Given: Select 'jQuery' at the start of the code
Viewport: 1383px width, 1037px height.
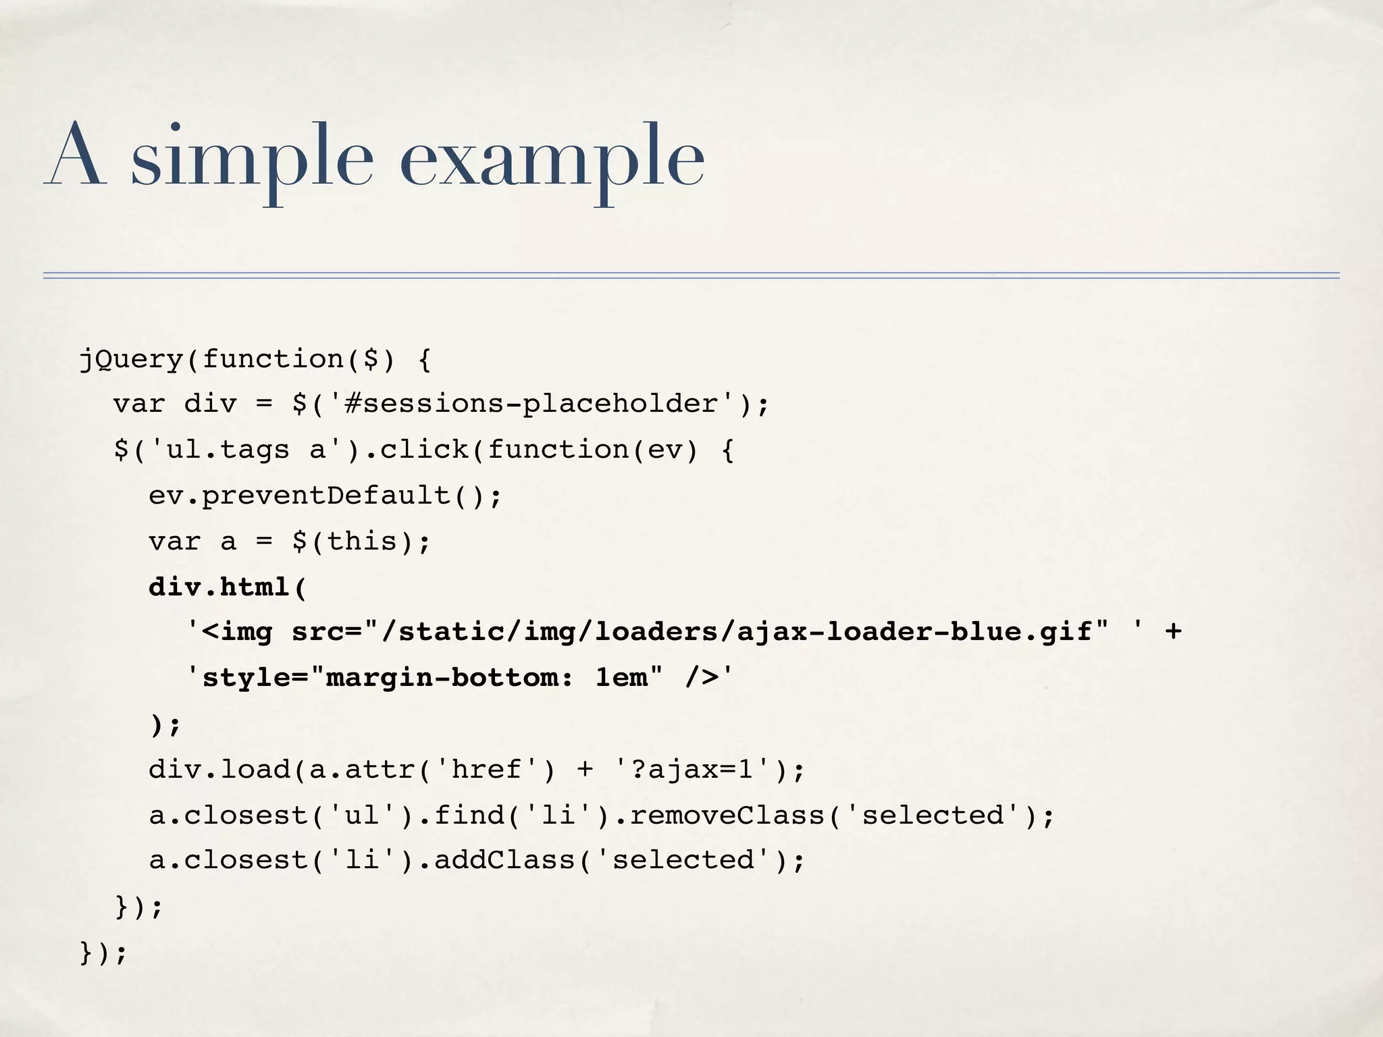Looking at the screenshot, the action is [x=131, y=358].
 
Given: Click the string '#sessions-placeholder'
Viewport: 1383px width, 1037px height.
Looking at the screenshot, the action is [x=530, y=404].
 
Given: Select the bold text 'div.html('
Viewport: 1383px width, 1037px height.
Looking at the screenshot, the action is [x=228, y=587].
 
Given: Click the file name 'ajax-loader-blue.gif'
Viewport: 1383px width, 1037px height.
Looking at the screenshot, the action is [x=914, y=632].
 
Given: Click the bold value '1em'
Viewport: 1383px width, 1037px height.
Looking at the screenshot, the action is [x=621, y=678].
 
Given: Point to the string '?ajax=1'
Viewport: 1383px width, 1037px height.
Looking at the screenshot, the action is [x=693, y=769].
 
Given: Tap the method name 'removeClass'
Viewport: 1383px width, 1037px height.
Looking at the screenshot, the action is [x=727, y=815].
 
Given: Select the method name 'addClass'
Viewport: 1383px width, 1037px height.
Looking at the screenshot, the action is [x=504, y=860].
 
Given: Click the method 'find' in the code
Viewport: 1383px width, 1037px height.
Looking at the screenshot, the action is [x=469, y=815].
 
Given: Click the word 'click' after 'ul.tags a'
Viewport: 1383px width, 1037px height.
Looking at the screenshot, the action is [x=424, y=450].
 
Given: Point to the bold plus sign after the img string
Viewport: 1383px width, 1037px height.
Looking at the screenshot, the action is [x=1173, y=632].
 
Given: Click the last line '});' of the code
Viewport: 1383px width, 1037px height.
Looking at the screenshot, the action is [x=103, y=953].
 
